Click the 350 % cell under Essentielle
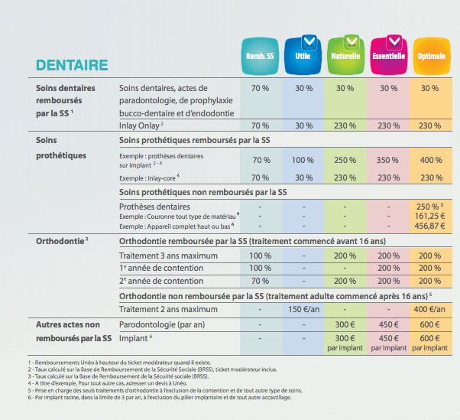tap(388, 160)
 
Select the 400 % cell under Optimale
tap(430, 160)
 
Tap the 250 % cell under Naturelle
tap(345, 160)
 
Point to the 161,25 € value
tap(429, 217)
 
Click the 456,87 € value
tap(429, 227)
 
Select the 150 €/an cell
tap(303, 309)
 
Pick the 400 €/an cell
tap(429, 309)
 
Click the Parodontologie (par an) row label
tap(163, 324)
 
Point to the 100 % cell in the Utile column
tap(303, 160)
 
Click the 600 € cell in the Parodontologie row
tap(429, 324)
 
